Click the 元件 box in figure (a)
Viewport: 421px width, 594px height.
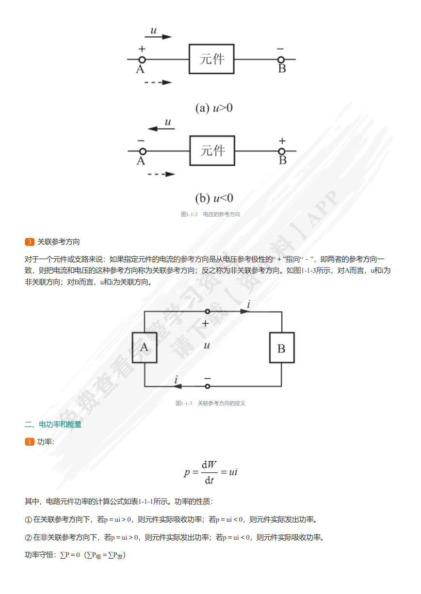(211, 59)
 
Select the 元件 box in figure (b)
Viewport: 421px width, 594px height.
(212, 151)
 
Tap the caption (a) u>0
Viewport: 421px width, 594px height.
(214, 108)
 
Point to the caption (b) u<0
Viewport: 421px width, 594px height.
(214, 198)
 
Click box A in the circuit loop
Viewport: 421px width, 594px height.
(144, 347)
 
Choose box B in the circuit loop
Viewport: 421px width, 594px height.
(281, 348)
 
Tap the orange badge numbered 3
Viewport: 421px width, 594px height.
(29, 242)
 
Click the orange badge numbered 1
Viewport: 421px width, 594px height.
(29, 441)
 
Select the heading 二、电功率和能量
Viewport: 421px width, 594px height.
(53, 424)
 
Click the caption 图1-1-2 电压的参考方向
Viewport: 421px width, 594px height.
(210, 214)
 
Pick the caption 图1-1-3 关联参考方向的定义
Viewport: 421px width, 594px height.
(210, 403)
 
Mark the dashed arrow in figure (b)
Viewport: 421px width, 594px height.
(161, 174)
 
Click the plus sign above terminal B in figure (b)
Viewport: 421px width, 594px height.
(282, 141)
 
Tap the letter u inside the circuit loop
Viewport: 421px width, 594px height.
(207, 345)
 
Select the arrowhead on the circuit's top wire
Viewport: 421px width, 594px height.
(245, 312)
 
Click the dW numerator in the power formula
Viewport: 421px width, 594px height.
(209, 464)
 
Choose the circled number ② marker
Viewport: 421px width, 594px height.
(28, 537)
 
